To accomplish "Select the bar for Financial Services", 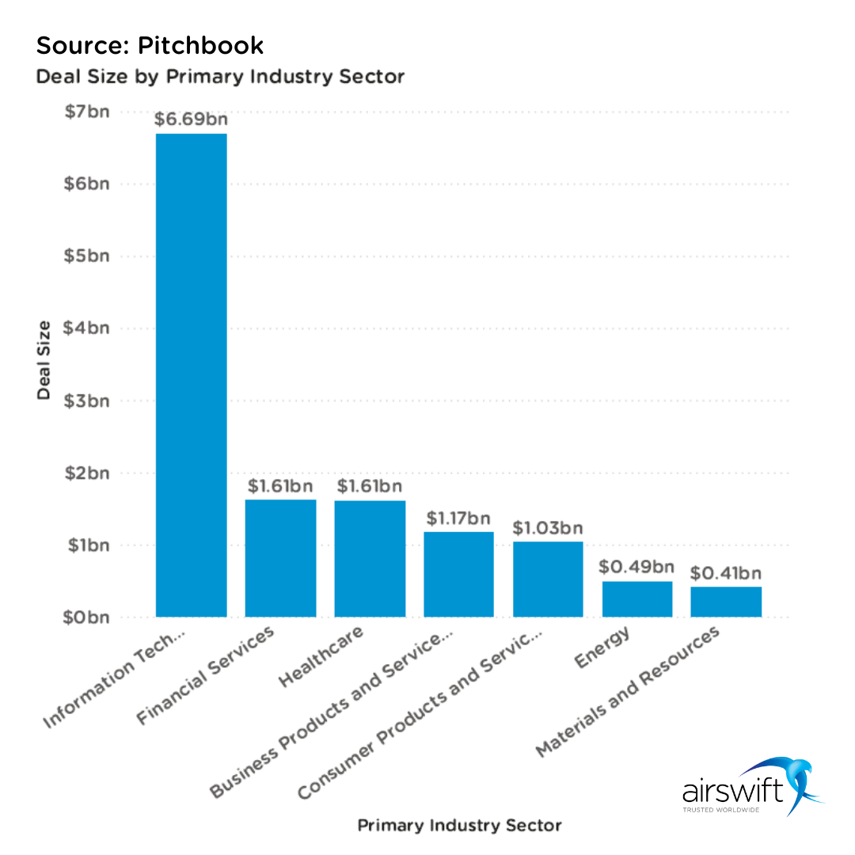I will point(280,558).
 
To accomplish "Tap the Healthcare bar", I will point(370,558).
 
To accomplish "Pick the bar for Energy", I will point(637,599).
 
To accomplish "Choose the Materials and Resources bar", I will point(726,602).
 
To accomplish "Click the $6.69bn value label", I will point(192,120).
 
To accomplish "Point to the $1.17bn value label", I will point(458,519).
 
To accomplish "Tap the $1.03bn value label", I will point(548,527).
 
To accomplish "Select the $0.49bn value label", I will point(637,567).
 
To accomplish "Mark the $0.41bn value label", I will point(726,572).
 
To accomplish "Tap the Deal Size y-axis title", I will point(44,360).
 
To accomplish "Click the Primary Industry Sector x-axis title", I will point(459,826).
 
